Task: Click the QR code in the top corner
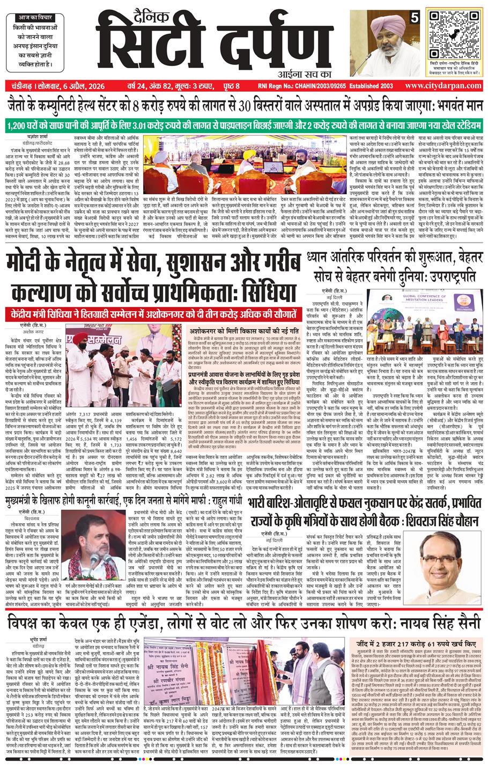click(451, 35)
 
